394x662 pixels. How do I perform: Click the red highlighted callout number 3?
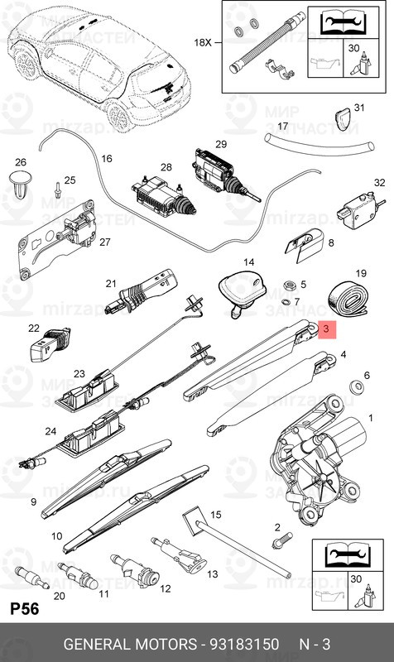(x=326, y=329)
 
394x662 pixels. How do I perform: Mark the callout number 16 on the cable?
(x=107, y=157)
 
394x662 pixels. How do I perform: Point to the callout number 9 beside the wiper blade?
(x=33, y=502)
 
